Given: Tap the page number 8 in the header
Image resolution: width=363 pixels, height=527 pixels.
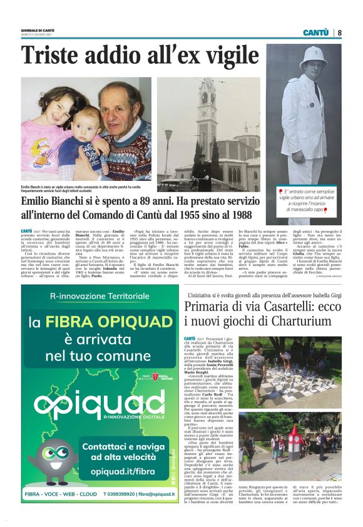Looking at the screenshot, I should click(339, 33).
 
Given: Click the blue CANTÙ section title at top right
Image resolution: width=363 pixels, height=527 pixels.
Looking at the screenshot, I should click(316, 33).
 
